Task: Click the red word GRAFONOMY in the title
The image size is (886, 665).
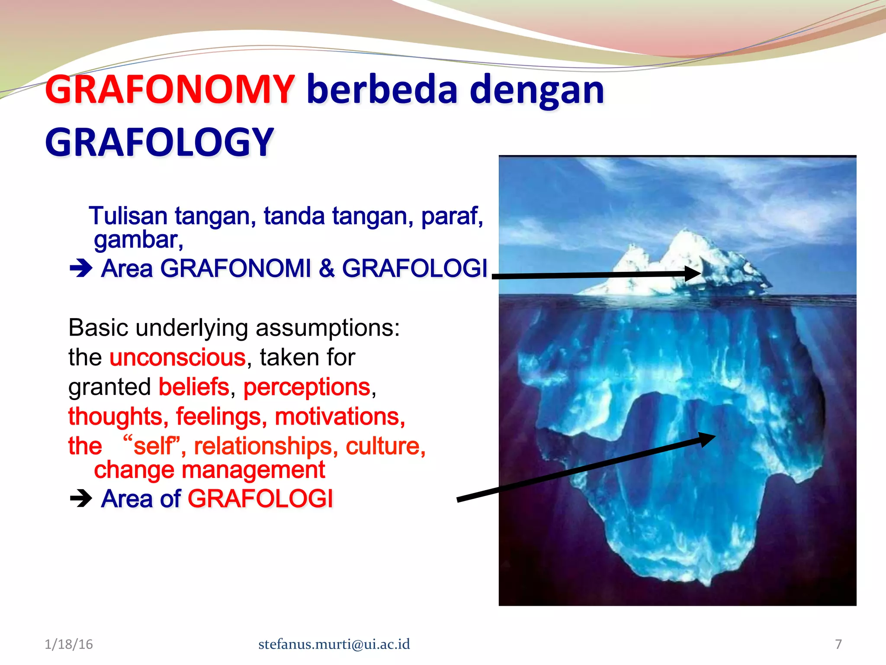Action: pos(170,90)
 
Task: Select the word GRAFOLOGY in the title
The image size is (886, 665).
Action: pos(159,143)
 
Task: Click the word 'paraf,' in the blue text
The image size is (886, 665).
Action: pos(452,216)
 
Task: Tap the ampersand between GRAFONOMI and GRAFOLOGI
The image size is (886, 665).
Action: pos(327,268)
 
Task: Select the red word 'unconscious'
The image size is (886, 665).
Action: pos(177,358)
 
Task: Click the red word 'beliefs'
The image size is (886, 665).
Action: pos(194,387)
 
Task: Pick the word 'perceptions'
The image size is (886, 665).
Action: pos(307,387)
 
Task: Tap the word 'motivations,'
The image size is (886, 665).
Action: pos(340,416)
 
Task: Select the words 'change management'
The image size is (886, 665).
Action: pos(209,470)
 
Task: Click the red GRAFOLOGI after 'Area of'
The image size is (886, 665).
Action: pos(260,499)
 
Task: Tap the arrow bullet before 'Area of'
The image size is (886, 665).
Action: pos(81,499)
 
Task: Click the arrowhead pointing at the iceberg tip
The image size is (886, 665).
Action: pos(692,274)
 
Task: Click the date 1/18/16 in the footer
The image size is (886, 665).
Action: pos(69,644)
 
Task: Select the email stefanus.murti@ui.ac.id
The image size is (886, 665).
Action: pos(334,644)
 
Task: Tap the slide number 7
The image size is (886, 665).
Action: pos(838,644)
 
